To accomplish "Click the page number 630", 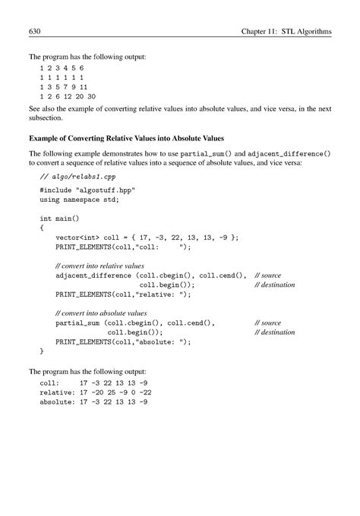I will coord(34,33).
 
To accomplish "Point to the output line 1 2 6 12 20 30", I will coord(68,97).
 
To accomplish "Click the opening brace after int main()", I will coord(42,227).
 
